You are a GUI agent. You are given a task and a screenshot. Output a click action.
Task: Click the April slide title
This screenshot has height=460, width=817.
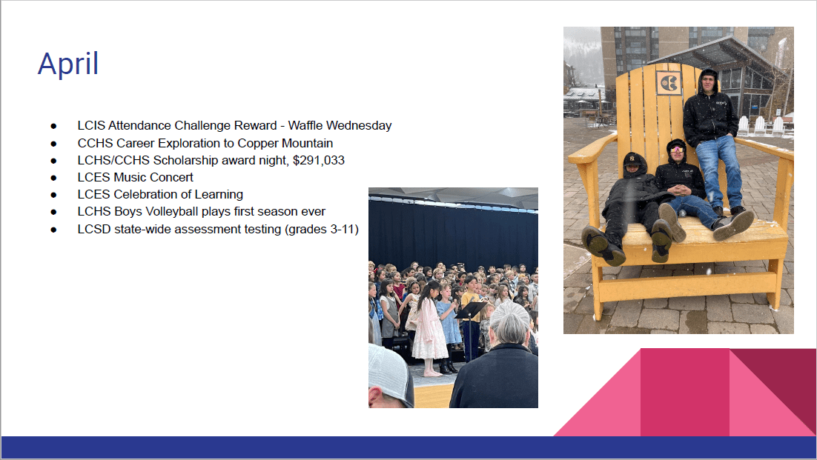coord(68,64)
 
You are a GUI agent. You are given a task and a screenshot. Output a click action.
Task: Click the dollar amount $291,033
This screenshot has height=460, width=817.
coord(318,160)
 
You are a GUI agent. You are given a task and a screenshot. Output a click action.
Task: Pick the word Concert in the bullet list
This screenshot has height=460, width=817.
coord(171,178)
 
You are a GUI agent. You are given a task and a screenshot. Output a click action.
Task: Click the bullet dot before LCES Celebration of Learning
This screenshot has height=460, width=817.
coord(53,195)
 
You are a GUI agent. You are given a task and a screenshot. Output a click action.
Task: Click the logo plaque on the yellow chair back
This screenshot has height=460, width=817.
coord(668,83)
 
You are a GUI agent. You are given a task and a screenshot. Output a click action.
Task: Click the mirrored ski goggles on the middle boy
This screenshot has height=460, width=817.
coord(676,150)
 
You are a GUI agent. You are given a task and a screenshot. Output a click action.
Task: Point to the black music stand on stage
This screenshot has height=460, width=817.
coord(471,328)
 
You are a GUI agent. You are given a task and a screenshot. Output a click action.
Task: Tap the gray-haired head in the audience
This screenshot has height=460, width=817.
coord(509,323)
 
